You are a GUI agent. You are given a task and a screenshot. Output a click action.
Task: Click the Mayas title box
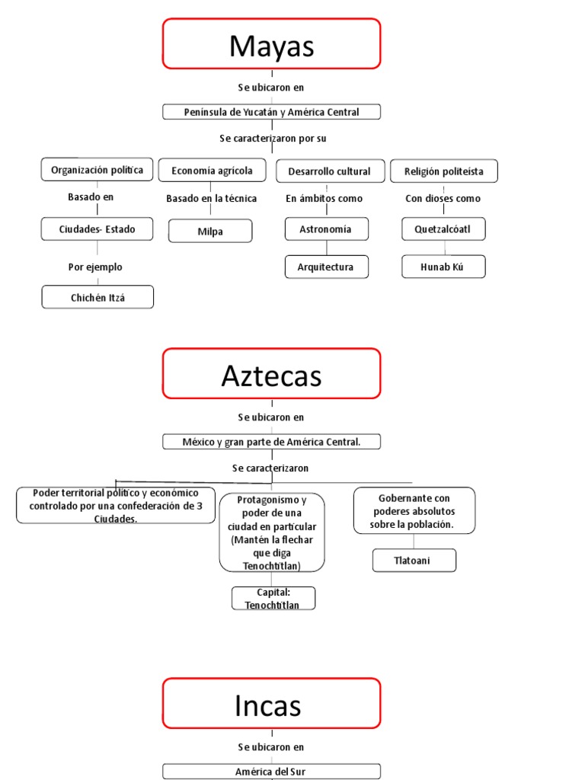271,44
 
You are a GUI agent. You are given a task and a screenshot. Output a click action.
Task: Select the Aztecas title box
271,374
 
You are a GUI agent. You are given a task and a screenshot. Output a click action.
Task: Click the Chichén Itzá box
97,298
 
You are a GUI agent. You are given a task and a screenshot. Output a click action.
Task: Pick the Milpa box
210,232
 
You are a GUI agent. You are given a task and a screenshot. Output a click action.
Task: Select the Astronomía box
326,229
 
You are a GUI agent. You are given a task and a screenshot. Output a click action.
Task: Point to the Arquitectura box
326,267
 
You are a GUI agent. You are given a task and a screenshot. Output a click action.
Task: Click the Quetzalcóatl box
443,229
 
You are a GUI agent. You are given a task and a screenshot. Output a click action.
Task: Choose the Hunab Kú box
443,267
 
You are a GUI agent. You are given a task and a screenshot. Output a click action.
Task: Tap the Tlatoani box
414,561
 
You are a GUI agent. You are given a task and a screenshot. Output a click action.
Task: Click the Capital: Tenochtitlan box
273,599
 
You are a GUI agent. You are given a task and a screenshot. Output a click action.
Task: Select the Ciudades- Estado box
97,229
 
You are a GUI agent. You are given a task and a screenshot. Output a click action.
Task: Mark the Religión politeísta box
444,171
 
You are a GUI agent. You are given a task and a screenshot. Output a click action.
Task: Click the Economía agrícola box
212,171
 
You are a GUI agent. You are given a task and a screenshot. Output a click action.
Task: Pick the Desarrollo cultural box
329,171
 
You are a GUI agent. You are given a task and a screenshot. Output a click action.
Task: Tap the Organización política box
97,170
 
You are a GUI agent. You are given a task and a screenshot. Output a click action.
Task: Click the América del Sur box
271,772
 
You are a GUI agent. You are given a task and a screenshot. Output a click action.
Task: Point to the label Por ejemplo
95,267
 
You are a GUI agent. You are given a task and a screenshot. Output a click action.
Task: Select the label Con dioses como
443,199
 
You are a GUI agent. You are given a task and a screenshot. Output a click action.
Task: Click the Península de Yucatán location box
271,112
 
